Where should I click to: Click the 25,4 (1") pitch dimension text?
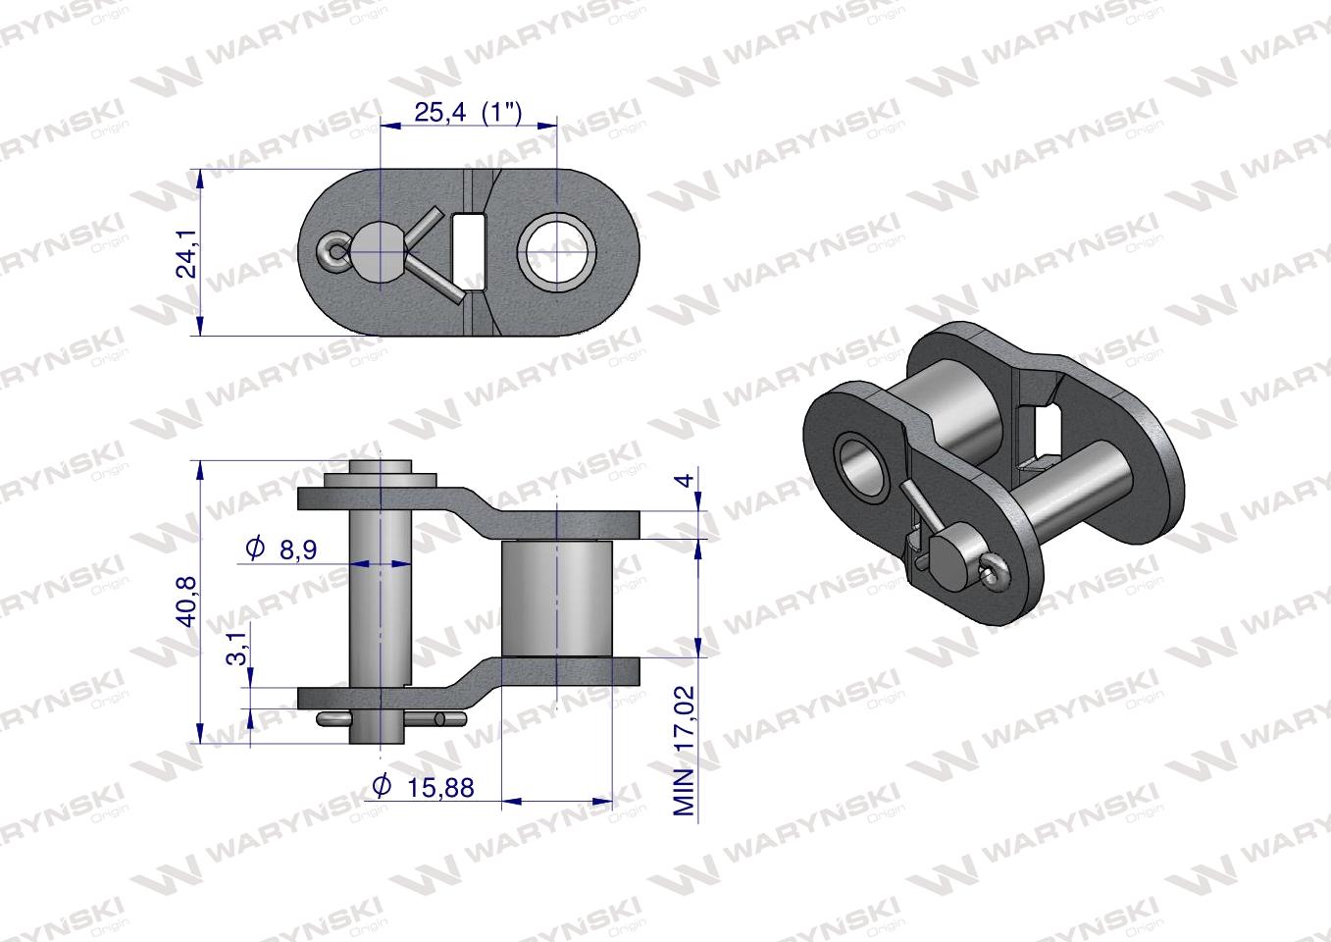pyautogui.click(x=468, y=112)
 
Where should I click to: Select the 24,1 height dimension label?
pyautogui.click(x=187, y=254)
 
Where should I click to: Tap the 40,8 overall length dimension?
pyautogui.click(x=187, y=601)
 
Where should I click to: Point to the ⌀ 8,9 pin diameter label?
pyautogui.click(x=282, y=549)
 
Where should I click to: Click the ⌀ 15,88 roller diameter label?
pyautogui.click(x=423, y=787)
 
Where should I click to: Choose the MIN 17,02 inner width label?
pyautogui.click(x=684, y=751)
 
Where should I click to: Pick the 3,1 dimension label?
pyautogui.click(x=238, y=648)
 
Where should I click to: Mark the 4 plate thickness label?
pyautogui.click(x=686, y=480)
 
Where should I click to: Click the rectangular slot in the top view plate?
pyautogui.click(x=470, y=252)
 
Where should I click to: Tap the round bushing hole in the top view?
pyautogui.click(x=557, y=252)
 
